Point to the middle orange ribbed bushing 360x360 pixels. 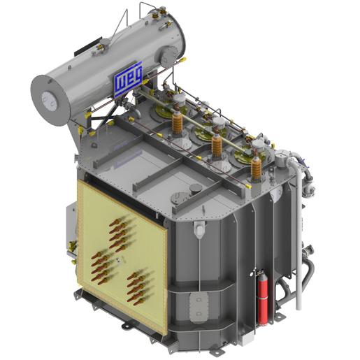click(x=217, y=145)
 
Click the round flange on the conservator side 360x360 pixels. click(x=169, y=54)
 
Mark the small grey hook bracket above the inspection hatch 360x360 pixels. click(x=199, y=229)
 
